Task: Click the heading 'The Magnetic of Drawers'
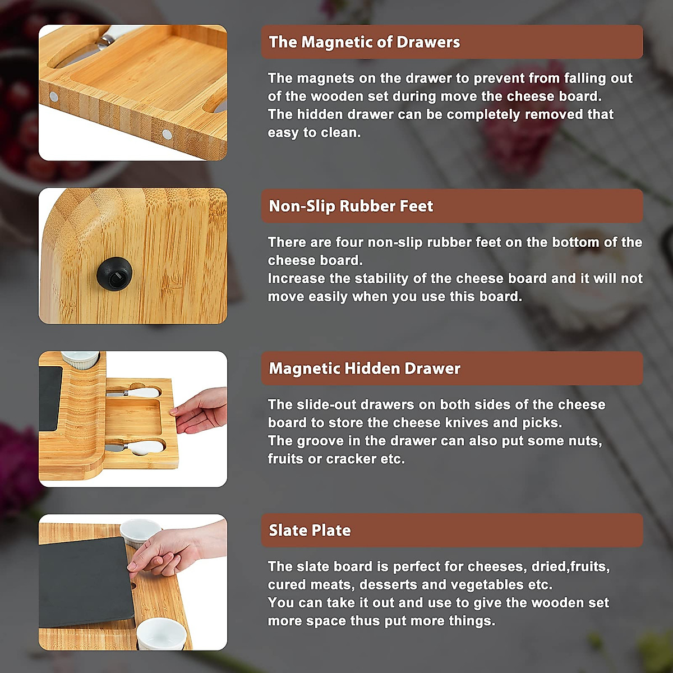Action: [364, 42]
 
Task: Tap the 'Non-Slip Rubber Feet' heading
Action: [351, 206]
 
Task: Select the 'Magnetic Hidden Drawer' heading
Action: [365, 368]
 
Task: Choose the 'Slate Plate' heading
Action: [310, 530]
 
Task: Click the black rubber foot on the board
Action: [114, 272]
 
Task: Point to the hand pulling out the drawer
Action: [201, 411]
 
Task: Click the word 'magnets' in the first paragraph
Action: [325, 78]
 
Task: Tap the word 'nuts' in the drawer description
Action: [584, 441]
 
